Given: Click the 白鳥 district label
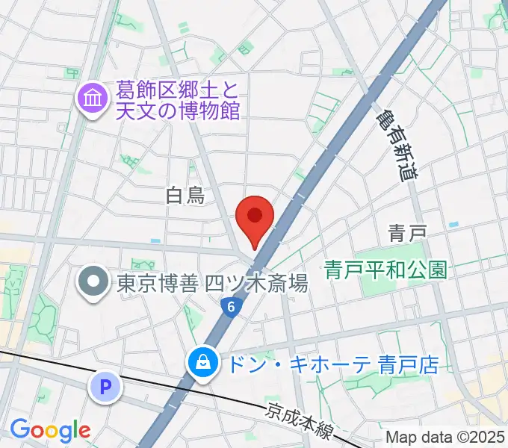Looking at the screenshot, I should point(185,196).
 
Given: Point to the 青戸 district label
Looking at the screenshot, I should point(407,234).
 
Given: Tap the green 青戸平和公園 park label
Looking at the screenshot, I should point(386,269).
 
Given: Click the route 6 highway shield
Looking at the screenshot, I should point(231,306).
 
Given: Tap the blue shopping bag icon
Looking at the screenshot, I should point(202,364).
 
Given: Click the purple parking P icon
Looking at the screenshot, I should point(105,387).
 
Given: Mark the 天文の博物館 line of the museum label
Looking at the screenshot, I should point(176,111).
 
